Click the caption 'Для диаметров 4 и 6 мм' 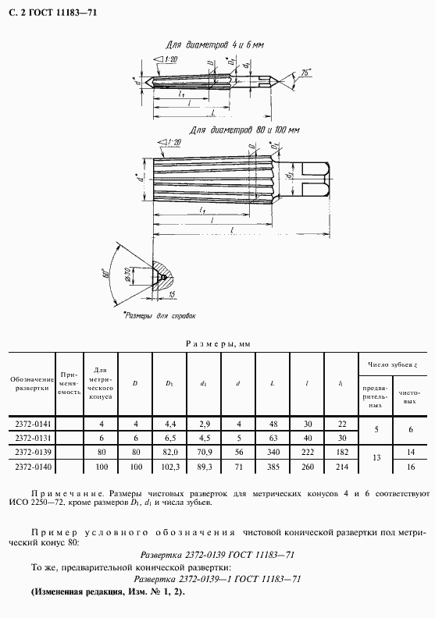tap(216, 45)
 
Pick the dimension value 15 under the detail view tap(173, 294)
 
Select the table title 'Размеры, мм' tap(217, 343)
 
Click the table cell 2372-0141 tap(30, 424)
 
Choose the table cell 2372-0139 tap(30, 453)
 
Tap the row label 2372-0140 tap(30, 467)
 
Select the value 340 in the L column tap(272, 453)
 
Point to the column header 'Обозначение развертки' tap(30, 383)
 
